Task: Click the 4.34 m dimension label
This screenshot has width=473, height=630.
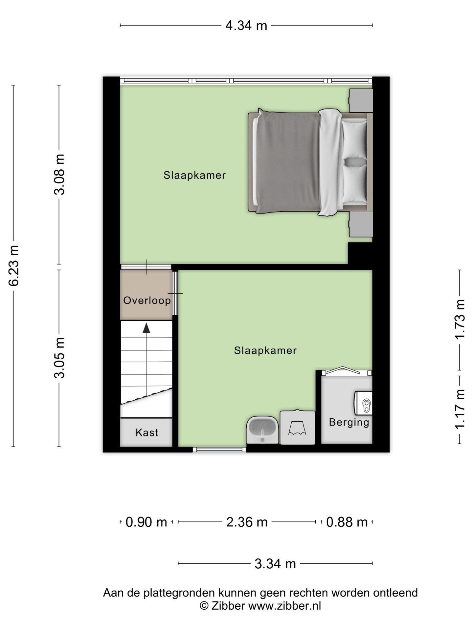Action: pos(246,25)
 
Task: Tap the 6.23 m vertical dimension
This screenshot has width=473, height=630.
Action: pos(14,266)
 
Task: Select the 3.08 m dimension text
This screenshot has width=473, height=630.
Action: pos(59,174)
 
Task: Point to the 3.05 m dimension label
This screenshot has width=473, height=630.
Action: pos(59,358)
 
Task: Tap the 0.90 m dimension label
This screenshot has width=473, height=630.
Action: pos(146,522)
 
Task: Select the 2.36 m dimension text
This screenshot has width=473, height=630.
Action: pos(247,522)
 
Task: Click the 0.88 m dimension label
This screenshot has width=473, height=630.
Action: pos(347,522)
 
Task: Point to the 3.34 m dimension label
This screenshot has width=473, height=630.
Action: pos(275,564)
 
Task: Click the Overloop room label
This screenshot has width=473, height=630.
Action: pos(147,301)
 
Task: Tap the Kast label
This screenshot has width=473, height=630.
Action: pos(147,433)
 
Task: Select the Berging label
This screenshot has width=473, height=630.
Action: pos(349,422)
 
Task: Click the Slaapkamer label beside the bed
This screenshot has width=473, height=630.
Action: pos(195,175)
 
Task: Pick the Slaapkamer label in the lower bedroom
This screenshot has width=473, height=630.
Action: pos(265,351)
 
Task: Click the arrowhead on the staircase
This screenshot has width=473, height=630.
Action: pos(146,328)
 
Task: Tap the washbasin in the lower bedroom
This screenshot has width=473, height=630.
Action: pos(262,430)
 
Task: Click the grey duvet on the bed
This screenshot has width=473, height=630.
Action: pos(287,162)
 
